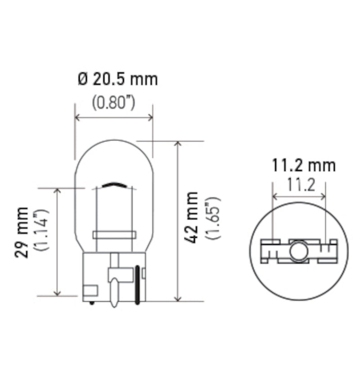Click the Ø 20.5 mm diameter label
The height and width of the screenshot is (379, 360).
[118, 80]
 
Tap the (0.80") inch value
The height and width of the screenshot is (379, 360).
[114, 103]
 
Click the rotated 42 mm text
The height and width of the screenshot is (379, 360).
[191, 217]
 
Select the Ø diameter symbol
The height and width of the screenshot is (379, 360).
[83, 80]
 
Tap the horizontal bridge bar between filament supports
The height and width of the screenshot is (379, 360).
[114, 235]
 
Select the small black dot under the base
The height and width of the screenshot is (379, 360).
[92, 302]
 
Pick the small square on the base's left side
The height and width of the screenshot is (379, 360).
[90, 290]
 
